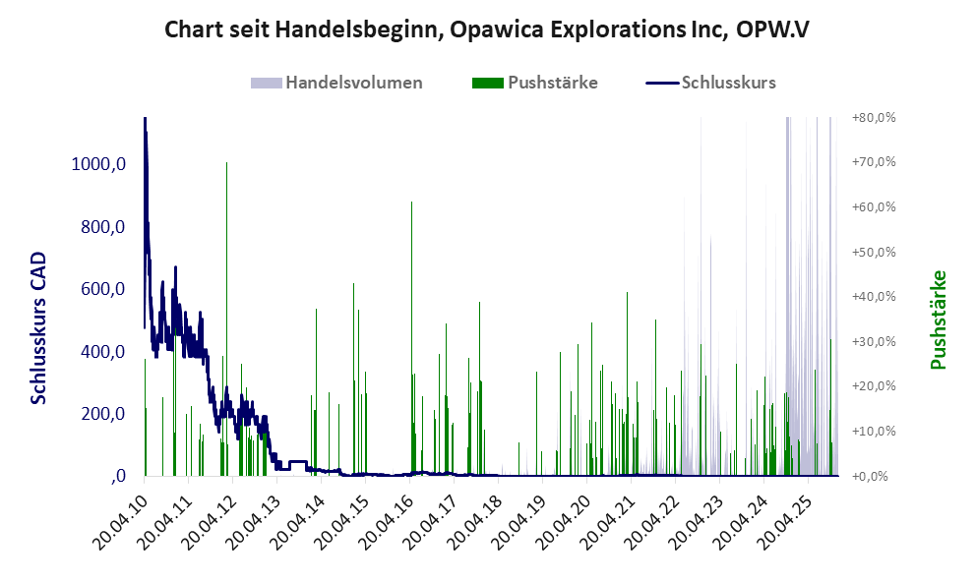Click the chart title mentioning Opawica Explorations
(x=487, y=29)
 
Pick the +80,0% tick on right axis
(x=874, y=117)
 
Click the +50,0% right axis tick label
(x=874, y=252)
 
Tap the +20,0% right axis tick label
(x=874, y=386)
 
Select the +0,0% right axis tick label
(x=874, y=476)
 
